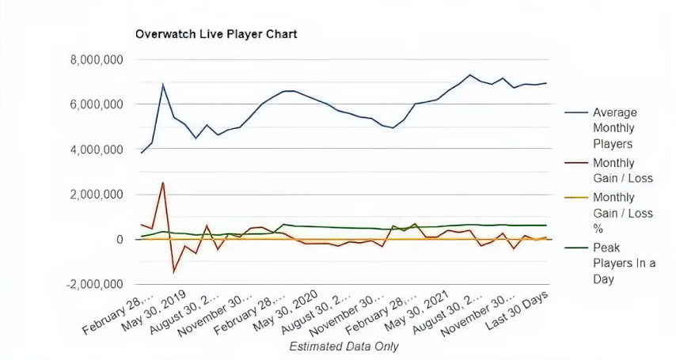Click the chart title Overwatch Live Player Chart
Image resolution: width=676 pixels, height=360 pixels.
(216, 35)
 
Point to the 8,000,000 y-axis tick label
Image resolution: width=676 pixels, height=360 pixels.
(92, 59)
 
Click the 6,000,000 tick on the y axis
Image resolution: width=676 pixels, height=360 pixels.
(92, 104)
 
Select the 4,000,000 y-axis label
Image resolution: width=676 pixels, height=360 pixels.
(92, 150)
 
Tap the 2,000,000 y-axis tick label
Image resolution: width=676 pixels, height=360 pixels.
(92, 195)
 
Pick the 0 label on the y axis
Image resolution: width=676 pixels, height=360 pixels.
(119, 240)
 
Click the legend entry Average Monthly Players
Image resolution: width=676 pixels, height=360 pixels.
(614, 128)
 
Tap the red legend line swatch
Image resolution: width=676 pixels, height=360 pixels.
(576, 161)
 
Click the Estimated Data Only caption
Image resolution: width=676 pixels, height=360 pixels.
(344, 347)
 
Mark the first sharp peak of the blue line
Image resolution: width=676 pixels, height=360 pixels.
(163, 84)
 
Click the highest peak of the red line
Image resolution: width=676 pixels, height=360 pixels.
(163, 183)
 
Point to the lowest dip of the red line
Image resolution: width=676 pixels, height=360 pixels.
(174, 272)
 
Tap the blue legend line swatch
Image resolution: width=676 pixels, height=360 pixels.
(576, 112)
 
